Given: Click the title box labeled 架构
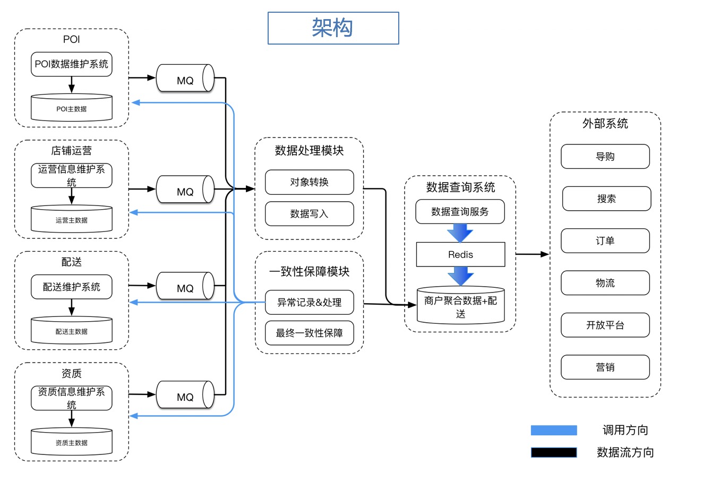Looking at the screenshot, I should tap(333, 28).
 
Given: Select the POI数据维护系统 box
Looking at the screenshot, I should tap(72, 64).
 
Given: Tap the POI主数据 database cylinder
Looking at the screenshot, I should tap(72, 108).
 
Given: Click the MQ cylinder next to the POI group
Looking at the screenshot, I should tap(185, 79).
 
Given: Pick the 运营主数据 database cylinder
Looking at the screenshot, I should tap(72, 219).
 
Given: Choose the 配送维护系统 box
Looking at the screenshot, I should tap(72, 287).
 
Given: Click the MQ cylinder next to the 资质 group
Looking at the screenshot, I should tap(185, 395).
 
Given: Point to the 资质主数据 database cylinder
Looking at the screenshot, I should tap(72, 442).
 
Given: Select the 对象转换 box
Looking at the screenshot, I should tap(309, 182).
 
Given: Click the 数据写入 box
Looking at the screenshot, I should tap(309, 214).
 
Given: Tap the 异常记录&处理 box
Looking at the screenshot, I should tap(309, 302).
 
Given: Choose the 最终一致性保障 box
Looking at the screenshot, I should tap(309, 333).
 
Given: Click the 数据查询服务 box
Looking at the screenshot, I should tap(460, 211).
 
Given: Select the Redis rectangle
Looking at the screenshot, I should tap(460, 255).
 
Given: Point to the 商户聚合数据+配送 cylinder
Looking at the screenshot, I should tap(460, 307).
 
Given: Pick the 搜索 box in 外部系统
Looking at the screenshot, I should tap(606, 199).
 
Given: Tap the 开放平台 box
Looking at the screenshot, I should tap(605, 325).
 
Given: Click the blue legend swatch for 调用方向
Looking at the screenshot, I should tap(554, 430).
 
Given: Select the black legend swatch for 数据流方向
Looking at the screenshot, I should tap(554, 452).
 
